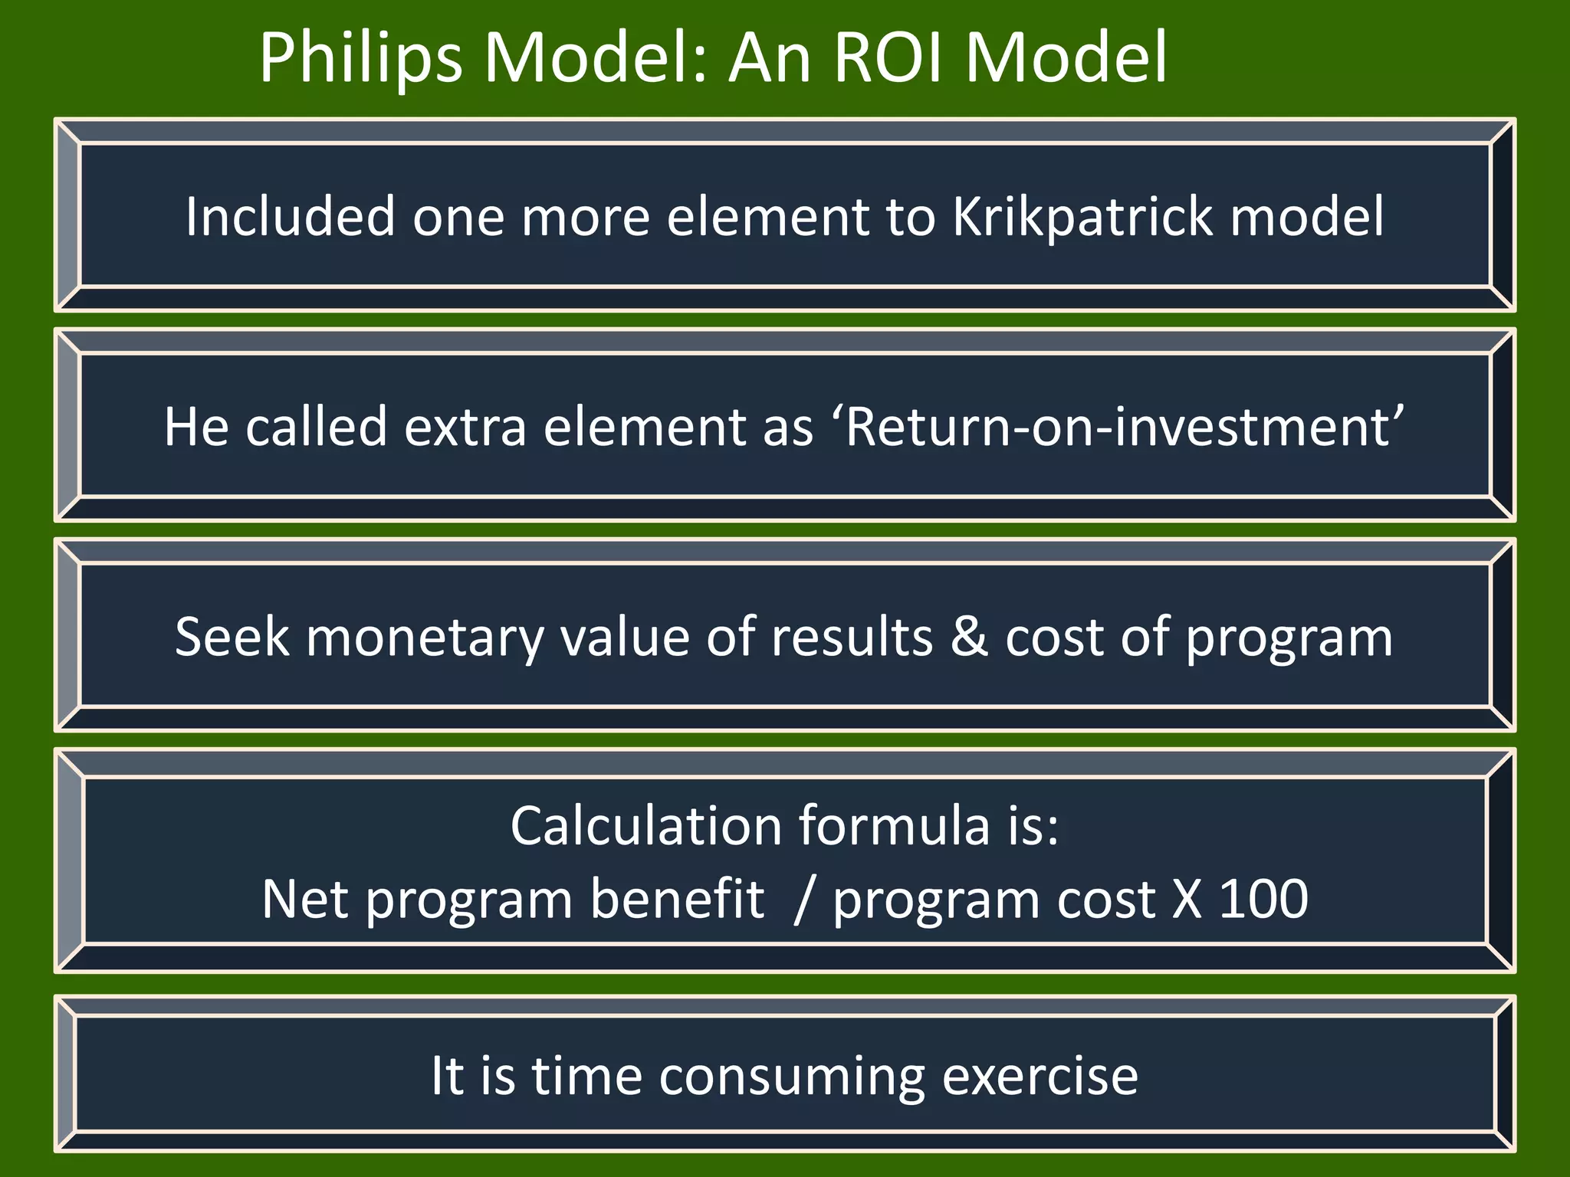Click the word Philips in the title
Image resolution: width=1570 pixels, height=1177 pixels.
pyautogui.click(x=361, y=58)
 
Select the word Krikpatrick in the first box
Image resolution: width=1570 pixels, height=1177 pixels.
pyautogui.click(x=1082, y=217)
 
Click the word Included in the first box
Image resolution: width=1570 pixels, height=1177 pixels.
pyautogui.click(x=291, y=217)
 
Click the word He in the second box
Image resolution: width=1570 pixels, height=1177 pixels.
pyautogui.click(x=196, y=426)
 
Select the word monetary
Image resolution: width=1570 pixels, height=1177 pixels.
pyautogui.click(x=425, y=638)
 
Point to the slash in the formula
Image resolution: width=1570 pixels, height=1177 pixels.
pyautogui.click(x=803, y=900)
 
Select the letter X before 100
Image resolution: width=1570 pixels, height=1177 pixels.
pyautogui.click(x=1187, y=898)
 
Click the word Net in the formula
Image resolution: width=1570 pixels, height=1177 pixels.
pyautogui.click(x=305, y=898)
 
